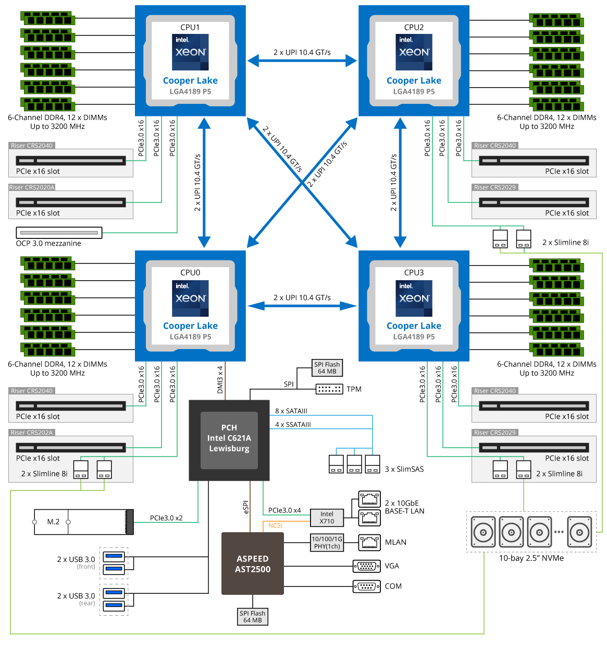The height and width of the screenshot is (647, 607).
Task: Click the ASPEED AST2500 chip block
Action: coord(252,564)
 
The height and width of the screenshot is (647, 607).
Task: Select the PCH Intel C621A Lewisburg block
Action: coord(229,440)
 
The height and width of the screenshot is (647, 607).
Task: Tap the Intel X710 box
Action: coord(327,518)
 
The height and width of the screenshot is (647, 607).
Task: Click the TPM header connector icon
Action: coord(329,389)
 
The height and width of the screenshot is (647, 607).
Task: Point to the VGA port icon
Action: coord(367,566)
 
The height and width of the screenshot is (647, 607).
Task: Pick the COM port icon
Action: coord(367,586)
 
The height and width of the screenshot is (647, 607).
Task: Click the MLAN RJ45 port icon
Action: coord(369,543)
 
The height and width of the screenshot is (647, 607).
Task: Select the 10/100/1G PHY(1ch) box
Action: coord(327,543)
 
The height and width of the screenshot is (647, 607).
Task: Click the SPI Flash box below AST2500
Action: coord(252,617)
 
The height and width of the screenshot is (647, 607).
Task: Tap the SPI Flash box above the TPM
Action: coord(327,368)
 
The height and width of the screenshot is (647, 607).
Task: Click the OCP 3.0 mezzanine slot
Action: coord(59,233)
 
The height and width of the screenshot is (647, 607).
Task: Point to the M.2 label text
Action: coord(53,522)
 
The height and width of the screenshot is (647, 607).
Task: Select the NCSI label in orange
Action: coord(275,525)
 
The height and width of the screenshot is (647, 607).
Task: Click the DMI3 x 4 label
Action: coord(220,379)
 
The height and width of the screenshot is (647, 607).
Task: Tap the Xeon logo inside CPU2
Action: coord(414,52)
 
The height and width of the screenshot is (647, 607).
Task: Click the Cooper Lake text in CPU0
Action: coord(190,326)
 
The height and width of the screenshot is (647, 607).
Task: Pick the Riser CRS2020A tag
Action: coord(32,187)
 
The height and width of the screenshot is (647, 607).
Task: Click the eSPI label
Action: coord(246,507)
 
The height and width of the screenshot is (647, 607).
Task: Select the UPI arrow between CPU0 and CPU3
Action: coord(302,306)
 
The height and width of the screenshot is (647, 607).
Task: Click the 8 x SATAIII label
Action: coord(291,411)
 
